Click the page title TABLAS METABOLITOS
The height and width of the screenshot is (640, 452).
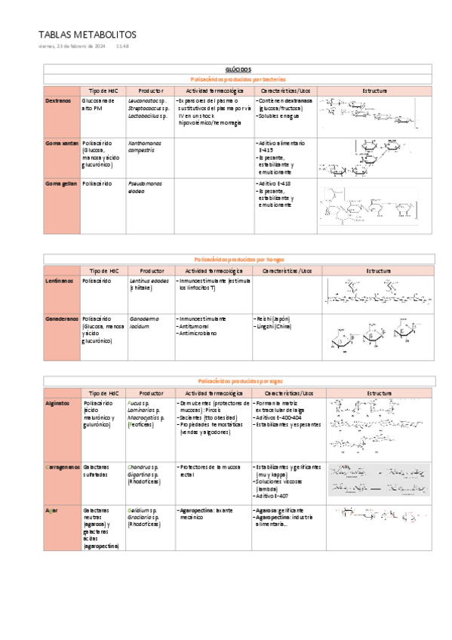(87, 35)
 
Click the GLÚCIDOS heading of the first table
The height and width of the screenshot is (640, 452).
(238, 69)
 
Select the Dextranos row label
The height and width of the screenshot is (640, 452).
(59, 101)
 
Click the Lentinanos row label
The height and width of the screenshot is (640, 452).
(60, 281)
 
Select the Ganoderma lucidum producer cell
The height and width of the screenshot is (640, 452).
(143, 323)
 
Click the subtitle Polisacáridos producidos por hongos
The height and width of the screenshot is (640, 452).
(238, 259)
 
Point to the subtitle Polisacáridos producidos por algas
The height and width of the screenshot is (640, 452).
(238, 382)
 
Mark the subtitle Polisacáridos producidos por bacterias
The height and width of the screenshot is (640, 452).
(238, 79)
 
